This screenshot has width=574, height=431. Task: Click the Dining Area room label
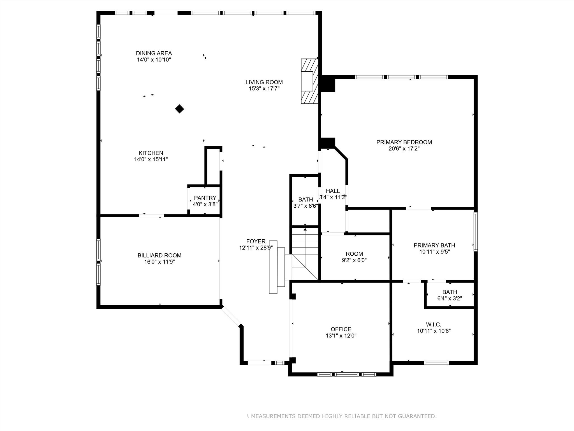tap(154, 53)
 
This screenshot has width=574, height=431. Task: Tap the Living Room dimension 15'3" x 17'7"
tap(264, 89)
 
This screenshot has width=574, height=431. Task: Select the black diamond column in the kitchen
tap(179, 109)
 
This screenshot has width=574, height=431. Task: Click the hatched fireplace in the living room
tap(309, 81)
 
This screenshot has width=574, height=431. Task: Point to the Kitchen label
tap(151, 153)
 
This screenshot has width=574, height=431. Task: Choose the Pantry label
tap(205, 198)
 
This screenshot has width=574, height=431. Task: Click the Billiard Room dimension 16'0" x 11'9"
tap(159, 262)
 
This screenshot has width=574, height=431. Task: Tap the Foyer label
tap(256, 241)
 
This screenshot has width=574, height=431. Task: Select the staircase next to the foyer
tap(305, 254)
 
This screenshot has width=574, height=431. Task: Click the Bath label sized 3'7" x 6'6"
tap(305, 200)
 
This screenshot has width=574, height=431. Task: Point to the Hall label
tap(333, 191)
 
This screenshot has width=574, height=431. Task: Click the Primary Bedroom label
tap(404, 142)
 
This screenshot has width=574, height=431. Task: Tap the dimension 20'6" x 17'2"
tap(404, 149)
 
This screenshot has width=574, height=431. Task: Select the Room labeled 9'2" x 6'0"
tap(354, 254)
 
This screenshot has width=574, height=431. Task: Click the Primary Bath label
tap(434, 245)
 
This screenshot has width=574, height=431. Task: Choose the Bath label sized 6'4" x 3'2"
tap(450, 292)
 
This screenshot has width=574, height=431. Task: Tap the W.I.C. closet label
tap(434, 325)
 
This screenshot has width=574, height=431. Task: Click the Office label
tap(341, 329)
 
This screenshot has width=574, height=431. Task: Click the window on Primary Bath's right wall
tap(476, 231)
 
